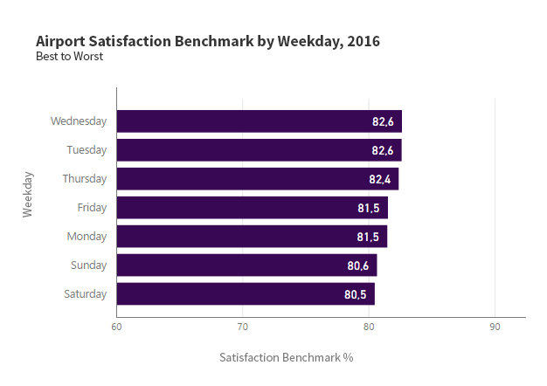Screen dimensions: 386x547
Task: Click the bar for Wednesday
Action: [x=259, y=121]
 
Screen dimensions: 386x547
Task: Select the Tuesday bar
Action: [x=259, y=150]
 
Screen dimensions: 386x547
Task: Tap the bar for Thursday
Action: [x=257, y=179]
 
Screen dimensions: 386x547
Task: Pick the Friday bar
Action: [x=252, y=208]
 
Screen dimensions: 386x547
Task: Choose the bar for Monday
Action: [x=252, y=237]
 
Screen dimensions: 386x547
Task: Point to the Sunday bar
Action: [x=246, y=265]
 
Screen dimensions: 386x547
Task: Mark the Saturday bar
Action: [x=246, y=294]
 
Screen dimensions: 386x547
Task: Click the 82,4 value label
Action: [x=379, y=179]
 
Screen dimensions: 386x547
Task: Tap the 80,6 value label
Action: [x=357, y=265]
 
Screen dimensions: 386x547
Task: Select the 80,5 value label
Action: [x=356, y=294]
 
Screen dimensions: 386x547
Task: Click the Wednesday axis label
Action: [x=79, y=121]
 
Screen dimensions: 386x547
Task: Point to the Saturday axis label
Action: [x=86, y=294]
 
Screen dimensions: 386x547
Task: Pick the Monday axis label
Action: [x=87, y=237]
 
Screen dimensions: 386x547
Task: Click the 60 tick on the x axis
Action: [x=116, y=327]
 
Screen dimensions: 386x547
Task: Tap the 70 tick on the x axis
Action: [x=243, y=327]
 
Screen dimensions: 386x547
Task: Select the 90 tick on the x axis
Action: [x=495, y=327]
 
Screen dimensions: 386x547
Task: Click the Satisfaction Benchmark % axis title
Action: [x=286, y=358]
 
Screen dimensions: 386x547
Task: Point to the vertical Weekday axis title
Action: [x=28, y=194]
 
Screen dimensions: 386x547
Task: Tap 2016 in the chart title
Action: [x=364, y=41]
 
